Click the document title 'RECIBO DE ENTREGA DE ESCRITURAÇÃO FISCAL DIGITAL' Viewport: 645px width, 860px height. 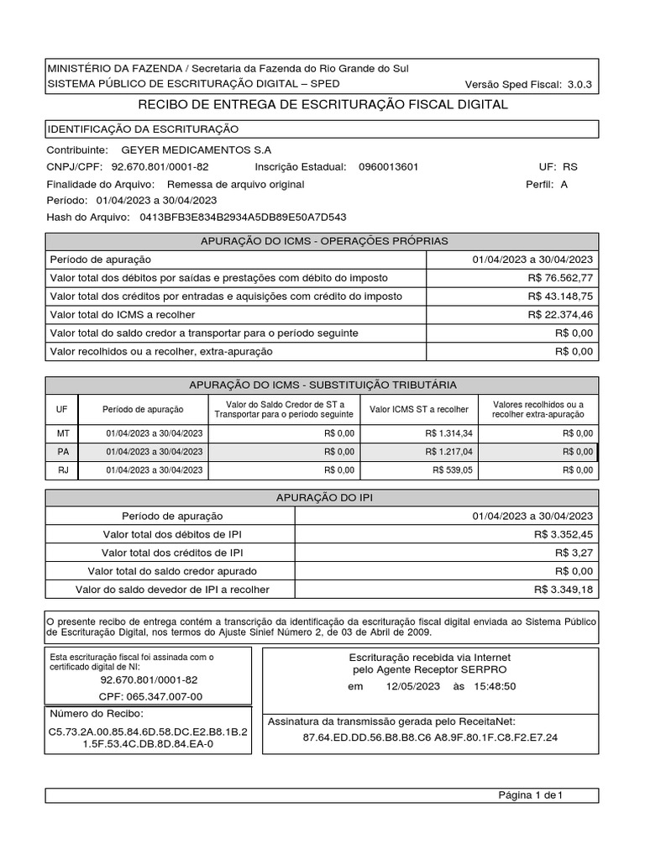(x=322, y=105)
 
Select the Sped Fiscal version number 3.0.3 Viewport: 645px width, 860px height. (x=579, y=84)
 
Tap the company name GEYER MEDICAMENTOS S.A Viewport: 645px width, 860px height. (x=197, y=149)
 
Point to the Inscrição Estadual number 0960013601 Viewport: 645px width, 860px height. (x=388, y=166)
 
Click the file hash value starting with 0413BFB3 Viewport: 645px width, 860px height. (x=243, y=218)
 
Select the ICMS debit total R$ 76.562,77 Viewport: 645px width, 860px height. (x=560, y=277)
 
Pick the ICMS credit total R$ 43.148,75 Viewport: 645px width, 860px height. (x=560, y=296)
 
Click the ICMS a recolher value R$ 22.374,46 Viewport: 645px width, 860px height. (x=560, y=314)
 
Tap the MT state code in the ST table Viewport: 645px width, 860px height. (x=62, y=433)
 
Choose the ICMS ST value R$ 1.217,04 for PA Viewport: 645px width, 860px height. (x=448, y=451)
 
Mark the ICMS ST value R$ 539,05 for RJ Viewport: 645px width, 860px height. (x=453, y=469)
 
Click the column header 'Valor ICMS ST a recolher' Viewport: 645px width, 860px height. (x=419, y=409)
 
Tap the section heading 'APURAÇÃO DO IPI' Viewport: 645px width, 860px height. (x=322, y=498)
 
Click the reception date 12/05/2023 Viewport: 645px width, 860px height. (x=413, y=686)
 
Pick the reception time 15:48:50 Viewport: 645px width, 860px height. (x=495, y=686)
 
